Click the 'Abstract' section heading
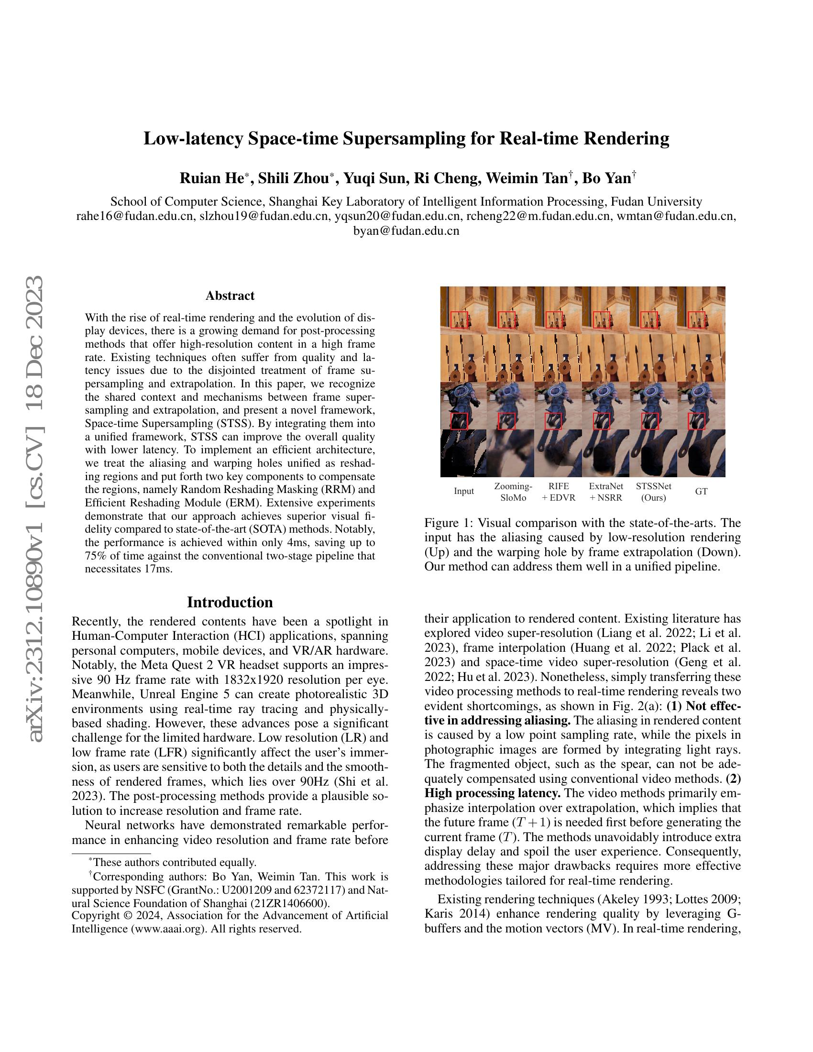coord(230,295)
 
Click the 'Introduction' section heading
coord(230,602)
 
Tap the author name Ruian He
coord(211,178)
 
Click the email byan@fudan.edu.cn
coord(406,231)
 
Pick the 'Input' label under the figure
coord(464,491)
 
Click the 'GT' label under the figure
coord(701,491)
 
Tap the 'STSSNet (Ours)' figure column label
coord(654,491)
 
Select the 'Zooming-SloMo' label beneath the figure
coord(513,491)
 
